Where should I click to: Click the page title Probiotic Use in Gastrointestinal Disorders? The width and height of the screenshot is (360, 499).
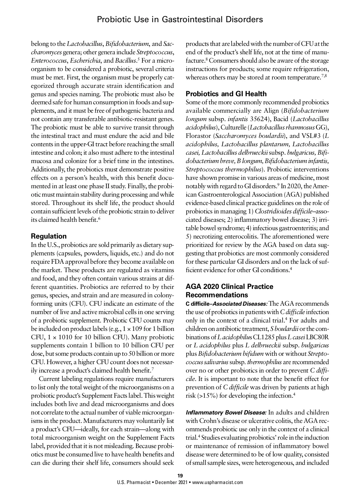click(180, 20)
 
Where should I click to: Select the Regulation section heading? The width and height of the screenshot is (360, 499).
click(49, 236)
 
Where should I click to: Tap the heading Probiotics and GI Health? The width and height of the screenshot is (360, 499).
click(226, 94)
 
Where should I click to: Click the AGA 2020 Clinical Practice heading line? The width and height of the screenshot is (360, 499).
click(229, 287)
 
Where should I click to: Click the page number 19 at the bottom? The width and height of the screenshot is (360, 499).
click(180, 476)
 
